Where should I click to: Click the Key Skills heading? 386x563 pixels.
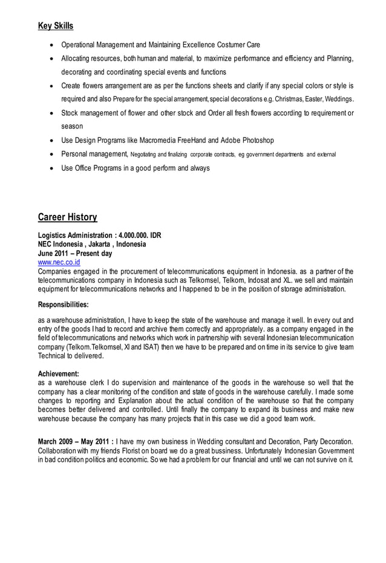pos(56,26)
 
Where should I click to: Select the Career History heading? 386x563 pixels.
pos(67,217)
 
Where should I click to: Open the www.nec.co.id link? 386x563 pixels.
pos(59,263)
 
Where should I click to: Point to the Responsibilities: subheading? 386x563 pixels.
pos(64,305)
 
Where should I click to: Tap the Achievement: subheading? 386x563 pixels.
pos(58,374)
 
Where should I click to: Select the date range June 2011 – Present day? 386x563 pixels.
pos(75,254)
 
